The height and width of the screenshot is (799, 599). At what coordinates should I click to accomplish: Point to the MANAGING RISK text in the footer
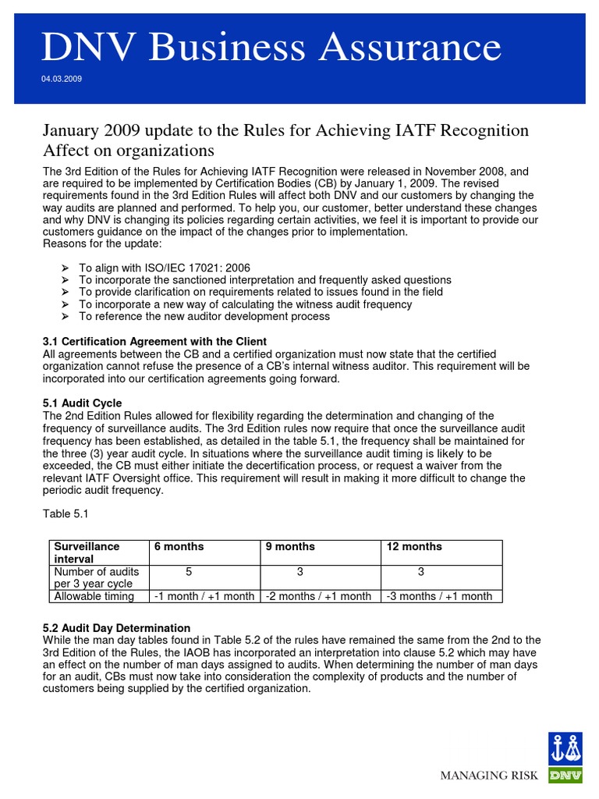(490, 775)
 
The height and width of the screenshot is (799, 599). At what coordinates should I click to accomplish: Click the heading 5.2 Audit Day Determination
(116, 627)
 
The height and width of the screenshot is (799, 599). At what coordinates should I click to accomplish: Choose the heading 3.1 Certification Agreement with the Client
(154, 342)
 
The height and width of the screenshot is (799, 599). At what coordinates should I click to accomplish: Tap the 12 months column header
(414, 546)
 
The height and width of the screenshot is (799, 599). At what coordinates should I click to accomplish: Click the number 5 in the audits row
(189, 572)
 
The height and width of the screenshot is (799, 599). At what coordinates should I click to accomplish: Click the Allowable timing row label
(94, 596)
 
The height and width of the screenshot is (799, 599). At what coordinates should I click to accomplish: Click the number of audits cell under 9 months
(300, 572)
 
